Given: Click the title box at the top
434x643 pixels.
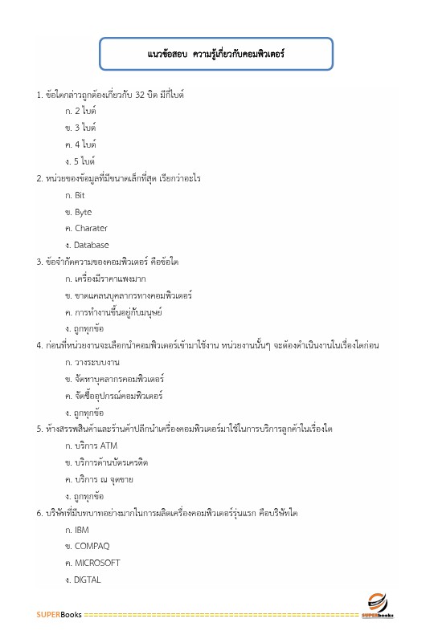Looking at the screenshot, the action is click(217, 54).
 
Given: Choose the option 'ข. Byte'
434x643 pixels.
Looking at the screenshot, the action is click(79, 212).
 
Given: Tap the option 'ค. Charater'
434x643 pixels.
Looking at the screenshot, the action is click(86, 229).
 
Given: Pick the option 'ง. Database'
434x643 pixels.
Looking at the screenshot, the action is click(87, 245).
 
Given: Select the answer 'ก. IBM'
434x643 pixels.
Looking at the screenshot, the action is click(76, 531).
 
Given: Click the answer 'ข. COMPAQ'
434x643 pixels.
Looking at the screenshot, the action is click(87, 547).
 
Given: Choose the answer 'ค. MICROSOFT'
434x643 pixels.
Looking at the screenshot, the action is click(92, 563).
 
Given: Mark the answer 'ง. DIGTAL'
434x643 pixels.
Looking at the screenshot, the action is click(84, 580).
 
